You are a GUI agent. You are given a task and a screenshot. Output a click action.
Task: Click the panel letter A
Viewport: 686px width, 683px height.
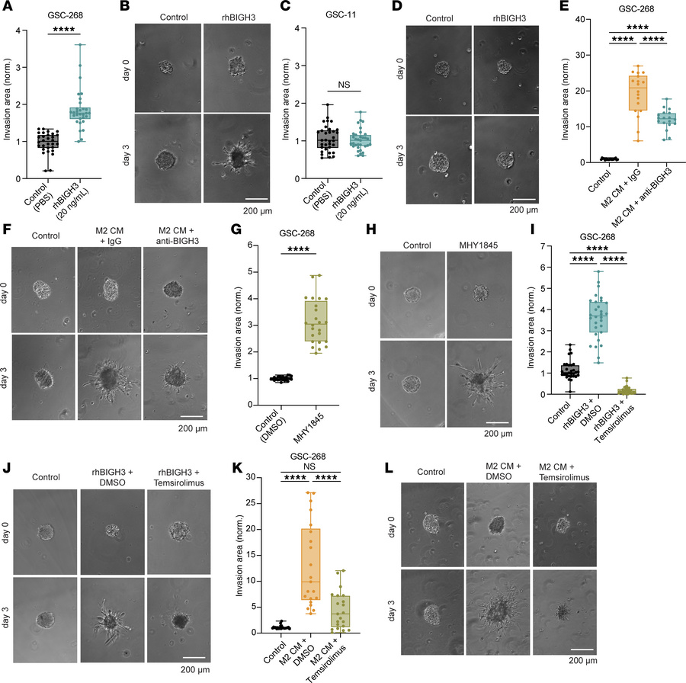coord(7,7)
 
